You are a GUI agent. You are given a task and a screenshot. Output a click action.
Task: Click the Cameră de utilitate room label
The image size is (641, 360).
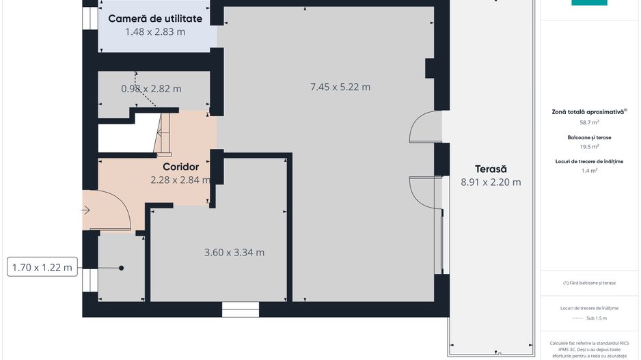[155, 18]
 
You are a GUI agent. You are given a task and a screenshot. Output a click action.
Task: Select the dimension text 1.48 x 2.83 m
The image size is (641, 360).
[155, 31]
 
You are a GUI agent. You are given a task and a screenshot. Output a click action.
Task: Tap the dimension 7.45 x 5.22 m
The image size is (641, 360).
[340, 87]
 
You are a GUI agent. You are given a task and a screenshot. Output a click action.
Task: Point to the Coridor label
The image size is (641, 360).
[180, 167]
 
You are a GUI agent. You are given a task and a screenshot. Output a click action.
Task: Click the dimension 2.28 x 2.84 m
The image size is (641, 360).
[180, 180]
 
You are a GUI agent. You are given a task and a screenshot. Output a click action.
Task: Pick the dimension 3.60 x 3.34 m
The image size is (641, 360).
[234, 252]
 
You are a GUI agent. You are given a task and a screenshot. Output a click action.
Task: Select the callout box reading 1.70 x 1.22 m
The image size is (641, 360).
[42, 267]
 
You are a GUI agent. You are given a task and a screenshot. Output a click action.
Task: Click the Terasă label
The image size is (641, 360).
[491, 169]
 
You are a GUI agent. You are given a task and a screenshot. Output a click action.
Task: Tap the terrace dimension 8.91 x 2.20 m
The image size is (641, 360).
[491, 182]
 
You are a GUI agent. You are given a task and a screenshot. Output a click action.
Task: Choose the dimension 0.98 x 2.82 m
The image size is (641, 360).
[151, 89]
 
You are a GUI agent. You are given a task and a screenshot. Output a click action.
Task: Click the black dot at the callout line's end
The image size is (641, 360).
[122, 268]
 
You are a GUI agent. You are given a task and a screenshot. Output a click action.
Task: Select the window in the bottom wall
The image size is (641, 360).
[241, 310]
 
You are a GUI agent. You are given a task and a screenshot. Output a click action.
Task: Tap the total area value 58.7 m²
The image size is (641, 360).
[589, 122]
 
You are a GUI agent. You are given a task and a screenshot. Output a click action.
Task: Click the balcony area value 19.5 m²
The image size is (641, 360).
[589, 146]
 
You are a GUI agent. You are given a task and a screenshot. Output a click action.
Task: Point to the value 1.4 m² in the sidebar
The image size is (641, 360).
[589, 171]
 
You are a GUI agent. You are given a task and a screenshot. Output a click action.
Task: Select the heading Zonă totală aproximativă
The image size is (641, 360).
[589, 111]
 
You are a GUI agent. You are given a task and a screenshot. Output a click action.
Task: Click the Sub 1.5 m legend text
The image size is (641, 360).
[596, 318]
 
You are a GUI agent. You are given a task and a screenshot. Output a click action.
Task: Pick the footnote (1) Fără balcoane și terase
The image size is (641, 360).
[589, 283]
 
